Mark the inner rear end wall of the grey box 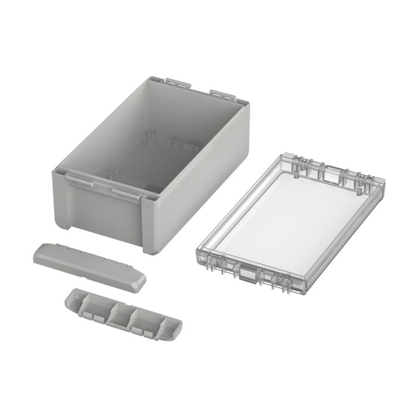click(197, 119)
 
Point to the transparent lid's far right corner click(381, 179)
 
